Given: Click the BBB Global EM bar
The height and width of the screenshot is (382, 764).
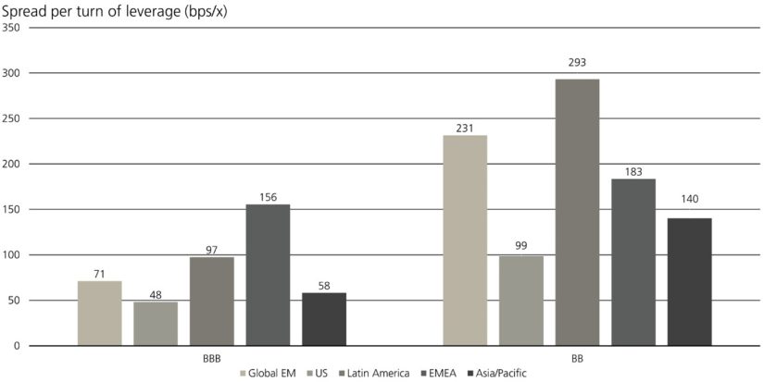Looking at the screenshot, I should (99, 314).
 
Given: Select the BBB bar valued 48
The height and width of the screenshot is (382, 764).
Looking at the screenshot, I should (156, 324).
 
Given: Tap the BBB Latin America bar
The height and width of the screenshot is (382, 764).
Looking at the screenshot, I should (212, 302).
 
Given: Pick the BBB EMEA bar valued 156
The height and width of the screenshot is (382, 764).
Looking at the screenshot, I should (268, 275).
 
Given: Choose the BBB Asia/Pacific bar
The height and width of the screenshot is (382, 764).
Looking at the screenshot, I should (324, 319).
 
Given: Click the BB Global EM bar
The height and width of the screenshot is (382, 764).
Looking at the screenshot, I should (465, 240).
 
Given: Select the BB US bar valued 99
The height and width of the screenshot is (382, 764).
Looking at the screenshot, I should (521, 301).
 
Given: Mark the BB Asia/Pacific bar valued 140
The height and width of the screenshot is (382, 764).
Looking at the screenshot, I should (689, 282).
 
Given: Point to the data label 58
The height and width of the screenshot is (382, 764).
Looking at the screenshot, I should (324, 286).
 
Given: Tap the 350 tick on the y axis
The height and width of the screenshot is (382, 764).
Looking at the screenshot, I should (11, 28).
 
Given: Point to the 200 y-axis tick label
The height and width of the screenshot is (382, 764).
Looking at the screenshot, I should (11, 164).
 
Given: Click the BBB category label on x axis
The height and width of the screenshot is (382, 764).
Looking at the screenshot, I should (212, 356).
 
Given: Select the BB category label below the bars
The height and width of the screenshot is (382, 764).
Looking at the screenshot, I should (577, 356).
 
